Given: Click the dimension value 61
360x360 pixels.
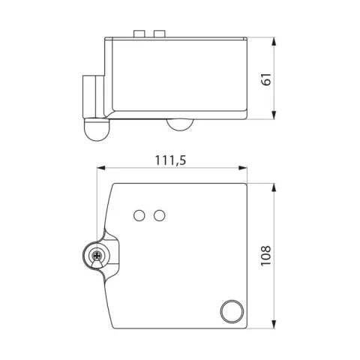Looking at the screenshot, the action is pyautogui.click(x=267, y=79).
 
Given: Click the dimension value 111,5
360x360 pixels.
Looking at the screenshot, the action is pyautogui.click(x=171, y=160).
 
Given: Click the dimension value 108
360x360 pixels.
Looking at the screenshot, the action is pyautogui.click(x=266, y=256).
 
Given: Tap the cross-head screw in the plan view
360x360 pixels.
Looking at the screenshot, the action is pyautogui.click(x=97, y=256).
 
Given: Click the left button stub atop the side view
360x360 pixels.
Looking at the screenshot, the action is pyautogui.click(x=139, y=34).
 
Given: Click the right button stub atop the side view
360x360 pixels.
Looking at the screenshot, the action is pyautogui.click(x=160, y=34).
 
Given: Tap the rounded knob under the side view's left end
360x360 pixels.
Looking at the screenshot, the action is pyautogui.click(x=97, y=130).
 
